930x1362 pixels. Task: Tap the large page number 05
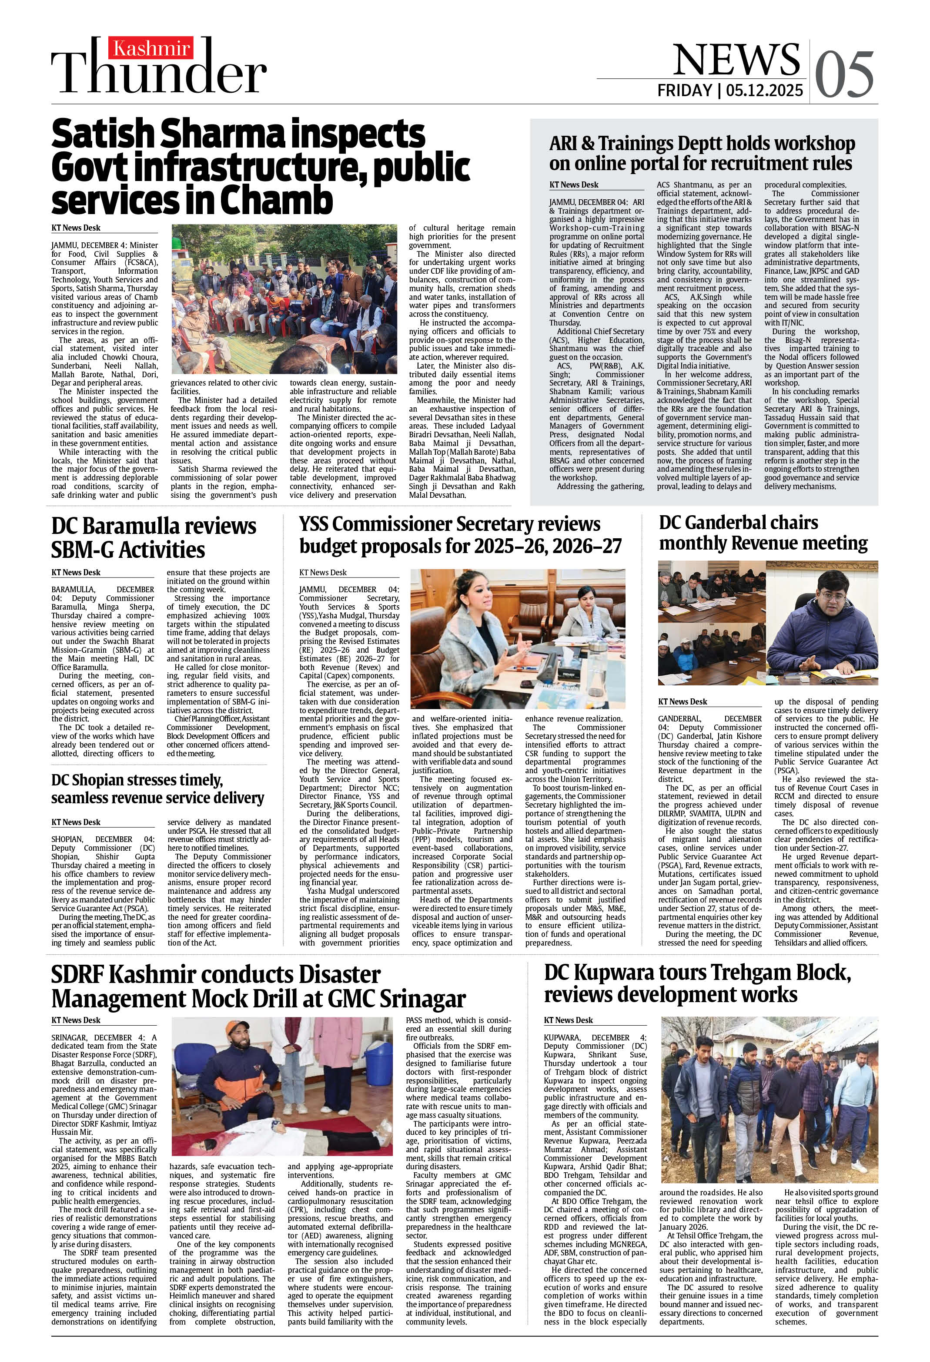click(x=844, y=75)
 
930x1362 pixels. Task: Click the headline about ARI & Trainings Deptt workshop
click(x=702, y=153)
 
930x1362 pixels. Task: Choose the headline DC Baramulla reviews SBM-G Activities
click(x=154, y=537)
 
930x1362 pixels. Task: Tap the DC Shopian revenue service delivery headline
click(x=157, y=789)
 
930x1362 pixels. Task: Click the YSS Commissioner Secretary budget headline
click(x=460, y=534)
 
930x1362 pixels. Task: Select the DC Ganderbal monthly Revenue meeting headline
click(x=763, y=533)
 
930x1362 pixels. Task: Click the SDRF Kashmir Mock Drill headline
click(x=258, y=986)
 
